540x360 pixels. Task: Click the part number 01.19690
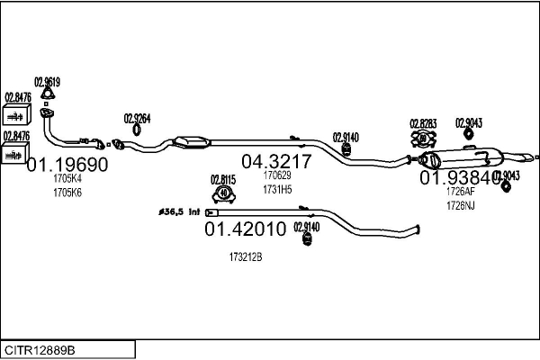pyautogui.click(x=67, y=165)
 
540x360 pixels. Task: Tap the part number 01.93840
pyautogui.click(x=461, y=177)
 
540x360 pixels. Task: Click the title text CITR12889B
pyautogui.click(x=40, y=349)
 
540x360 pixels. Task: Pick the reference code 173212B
pyautogui.click(x=245, y=256)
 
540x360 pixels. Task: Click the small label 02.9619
pyautogui.click(x=47, y=81)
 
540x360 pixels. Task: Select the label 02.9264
pyautogui.click(x=137, y=118)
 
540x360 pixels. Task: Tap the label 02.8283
pyautogui.click(x=423, y=123)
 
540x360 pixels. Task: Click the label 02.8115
pyautogui.click(x=223, y=179)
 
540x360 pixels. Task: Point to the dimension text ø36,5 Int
pyautogui.click(x=180, y=212)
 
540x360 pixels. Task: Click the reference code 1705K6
pyautogui.click(x=67, y=193)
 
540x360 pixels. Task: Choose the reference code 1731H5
pyautogui.click(x=277, y=190)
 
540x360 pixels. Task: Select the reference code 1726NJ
pyautogui.click(x=460, y=205)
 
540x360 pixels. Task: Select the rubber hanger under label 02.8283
pyautogui.click(x=423, y=139)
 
